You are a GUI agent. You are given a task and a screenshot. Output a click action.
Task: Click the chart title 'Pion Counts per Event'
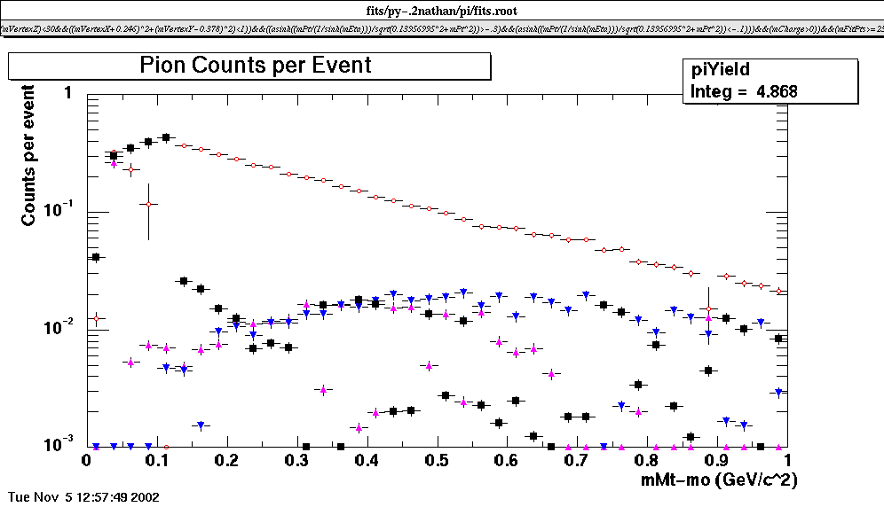click(x=256, y=66)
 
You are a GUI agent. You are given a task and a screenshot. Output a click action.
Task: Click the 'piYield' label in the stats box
click(x=722, y=70)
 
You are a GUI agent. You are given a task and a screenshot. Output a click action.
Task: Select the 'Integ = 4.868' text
click(x=738, y=90)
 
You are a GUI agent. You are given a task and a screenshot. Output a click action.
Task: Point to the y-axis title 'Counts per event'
click(x=29, y=154)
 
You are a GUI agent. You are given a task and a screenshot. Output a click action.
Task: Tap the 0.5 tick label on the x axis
click(x=436, y=461)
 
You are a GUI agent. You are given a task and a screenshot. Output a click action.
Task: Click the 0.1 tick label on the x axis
click(x=155, y=461)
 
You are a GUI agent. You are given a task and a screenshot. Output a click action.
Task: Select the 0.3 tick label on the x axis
click(x=296, y=461)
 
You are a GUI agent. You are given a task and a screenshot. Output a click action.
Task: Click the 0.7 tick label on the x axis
click(x=576, y=461)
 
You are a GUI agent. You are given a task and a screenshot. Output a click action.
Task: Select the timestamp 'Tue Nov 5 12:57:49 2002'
click(x=83, y=497)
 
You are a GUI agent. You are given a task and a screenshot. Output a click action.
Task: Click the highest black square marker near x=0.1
click(x=165, y=137)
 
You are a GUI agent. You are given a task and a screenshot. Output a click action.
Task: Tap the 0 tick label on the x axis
click(x=86, y=461)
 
